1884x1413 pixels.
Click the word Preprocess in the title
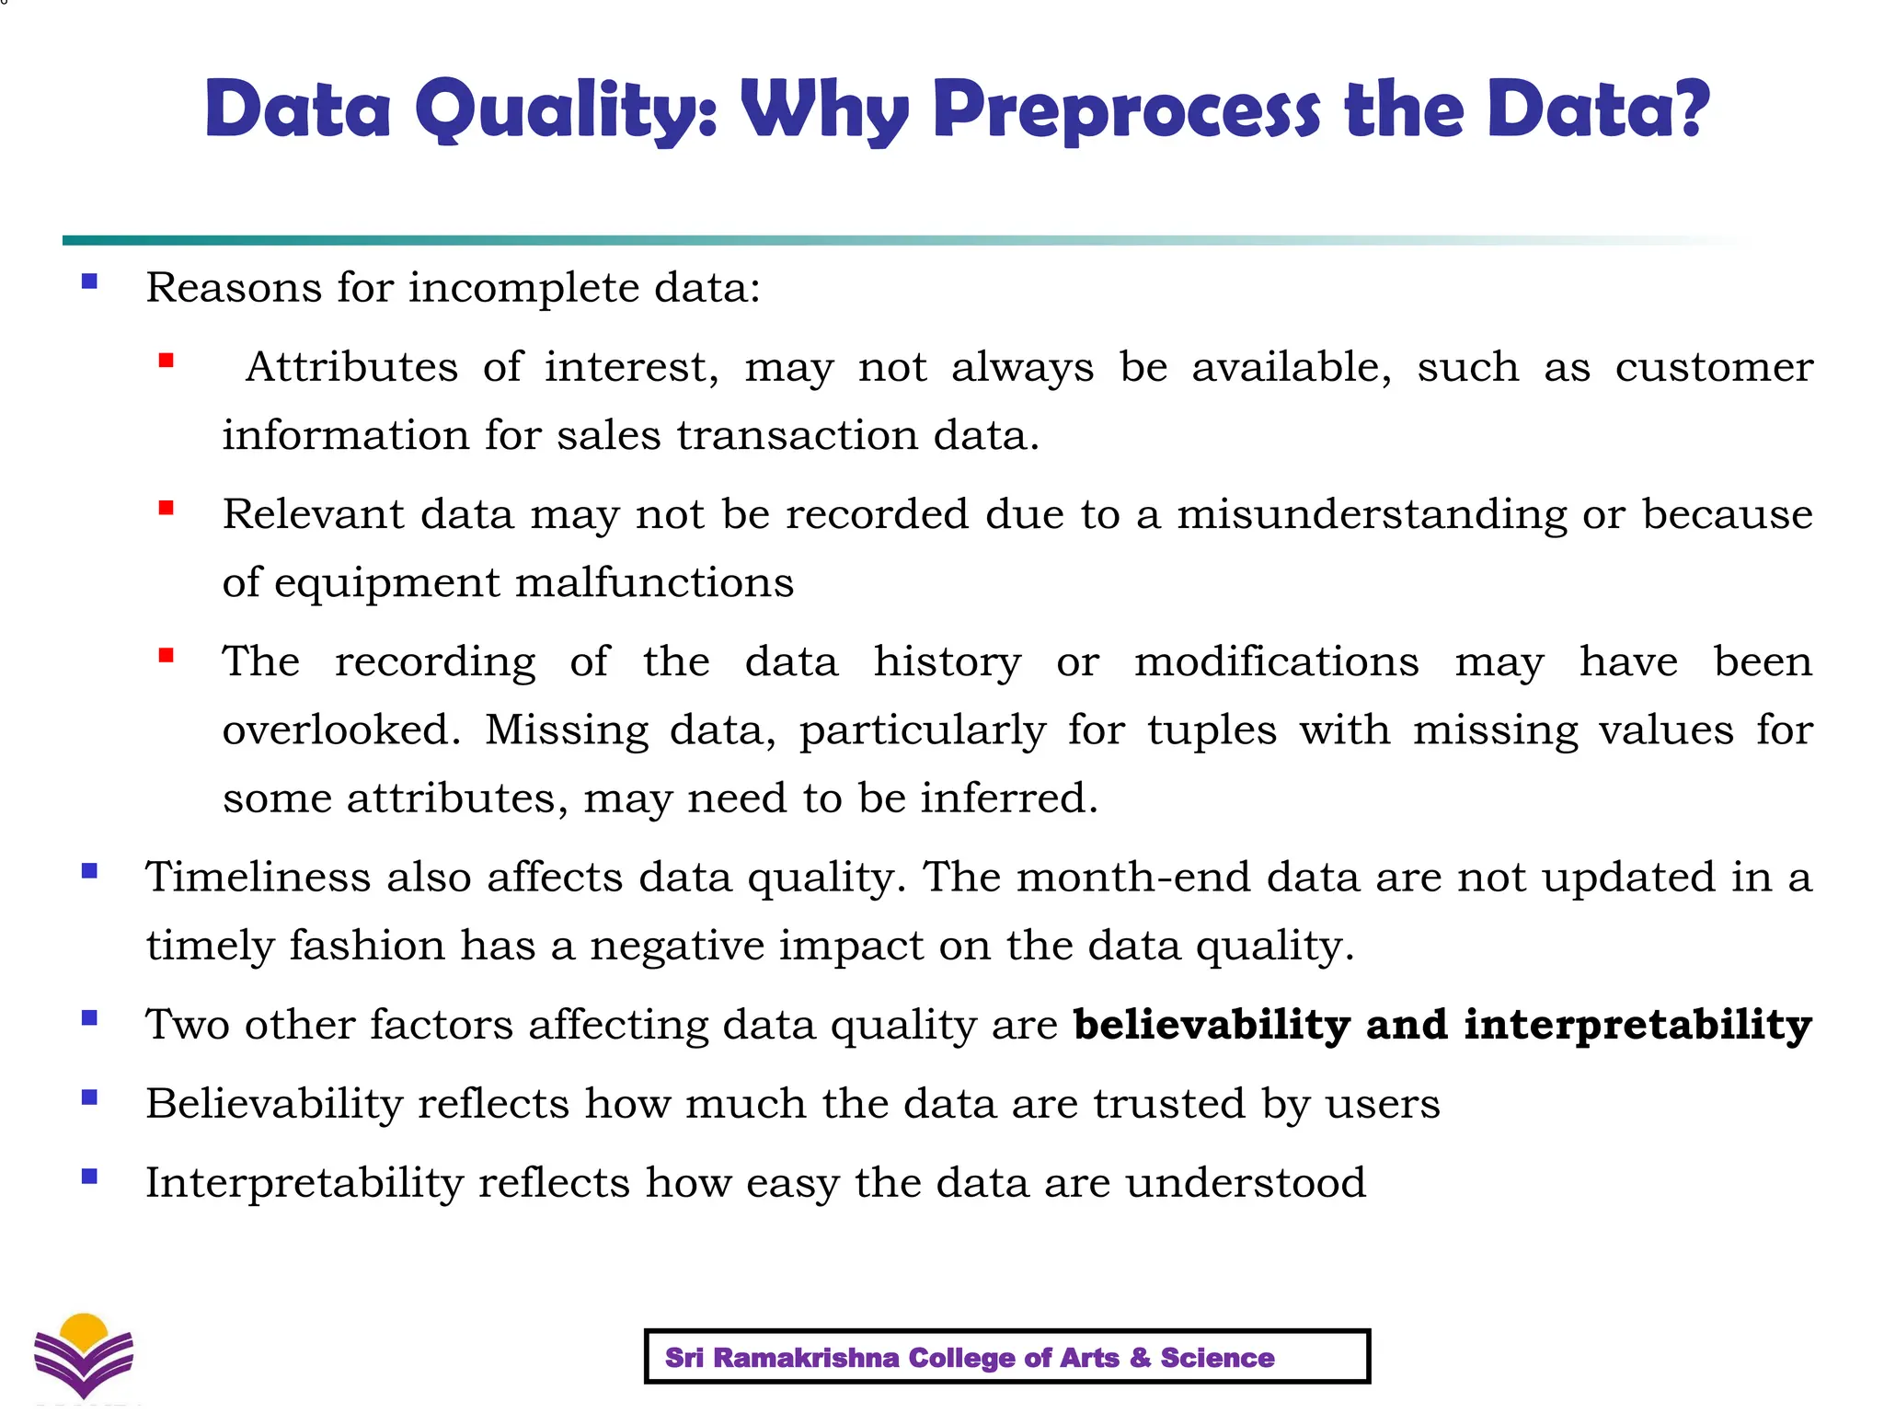pyautogui.click(x=1127, y=111)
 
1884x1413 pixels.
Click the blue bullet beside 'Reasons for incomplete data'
pyautogui.click(x=89, y=281)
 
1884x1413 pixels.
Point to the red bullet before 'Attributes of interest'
pyautogui.click(x=167, y=361)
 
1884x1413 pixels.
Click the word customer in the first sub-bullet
pyautogui.click(x=1714, y=367)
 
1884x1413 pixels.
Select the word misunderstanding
pyautogui.click(x=1372, y=514)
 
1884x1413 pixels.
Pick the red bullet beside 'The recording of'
pyautogui.click(x=167, y=655)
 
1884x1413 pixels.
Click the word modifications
pyautogui.click(x=1277, y=661)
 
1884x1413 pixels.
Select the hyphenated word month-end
pyautogui.click(x=1133, y=877)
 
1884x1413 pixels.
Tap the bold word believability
pyautogui.click(x=1212, y=1025)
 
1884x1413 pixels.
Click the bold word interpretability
pyautogui.click(x=1637, y=1025)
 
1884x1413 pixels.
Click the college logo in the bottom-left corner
pyautogui.click(x=84, y=1355)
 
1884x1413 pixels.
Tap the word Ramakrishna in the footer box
pyautogui.click(x=806, y=1358)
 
